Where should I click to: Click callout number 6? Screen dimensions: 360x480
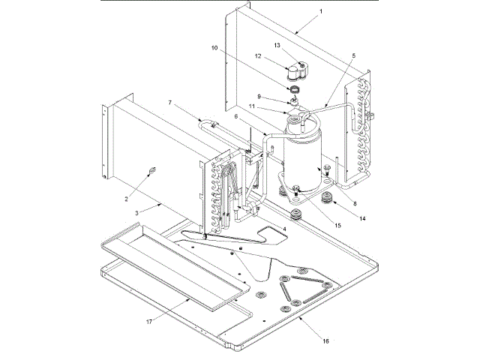(x=236, y=117)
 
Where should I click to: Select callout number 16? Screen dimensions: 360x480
(x=326, y=340)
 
